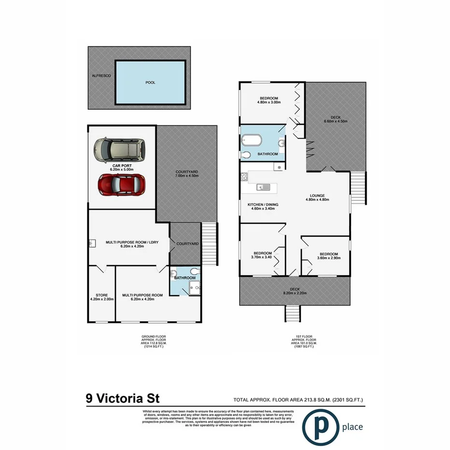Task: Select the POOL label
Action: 151,83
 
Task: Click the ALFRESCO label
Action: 102,76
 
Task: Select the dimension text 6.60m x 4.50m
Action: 336,121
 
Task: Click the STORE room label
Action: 101,295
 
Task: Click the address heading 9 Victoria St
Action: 122,399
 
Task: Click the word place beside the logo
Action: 352,427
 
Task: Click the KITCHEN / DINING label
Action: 263,205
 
